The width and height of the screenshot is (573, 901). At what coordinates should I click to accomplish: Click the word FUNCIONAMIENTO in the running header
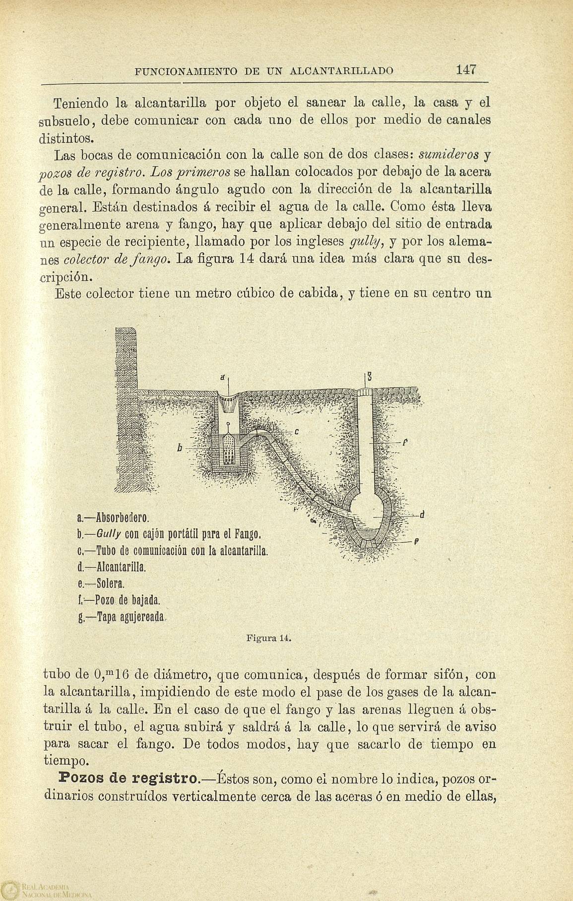(188, 70)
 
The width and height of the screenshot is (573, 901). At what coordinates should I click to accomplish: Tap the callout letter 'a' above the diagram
(224, 378)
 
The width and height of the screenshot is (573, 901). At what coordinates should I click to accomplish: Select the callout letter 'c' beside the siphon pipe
(296, 431)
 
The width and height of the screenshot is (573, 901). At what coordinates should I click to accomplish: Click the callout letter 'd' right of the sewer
(421, 515)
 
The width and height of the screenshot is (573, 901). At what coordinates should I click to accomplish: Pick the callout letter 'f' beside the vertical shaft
(405, 441)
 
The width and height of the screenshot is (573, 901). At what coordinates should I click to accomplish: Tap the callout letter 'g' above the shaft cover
(370, 378)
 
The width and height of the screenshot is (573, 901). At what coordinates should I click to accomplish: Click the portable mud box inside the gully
(228, 450)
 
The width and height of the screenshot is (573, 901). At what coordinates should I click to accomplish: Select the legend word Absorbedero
(120, 518)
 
